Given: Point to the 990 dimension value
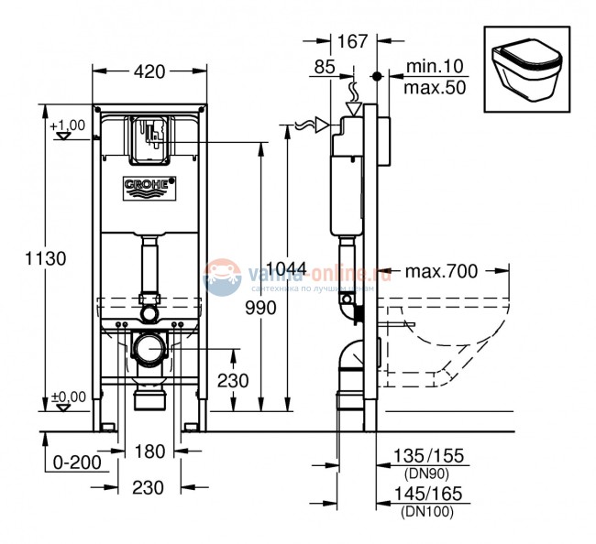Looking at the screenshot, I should [259, 309].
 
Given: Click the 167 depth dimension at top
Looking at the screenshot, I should [353, 41].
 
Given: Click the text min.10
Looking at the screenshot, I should [432, 67].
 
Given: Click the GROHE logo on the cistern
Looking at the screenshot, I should [149, 187].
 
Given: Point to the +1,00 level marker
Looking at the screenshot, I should [67, 125].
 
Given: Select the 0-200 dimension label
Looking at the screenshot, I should [77, 462].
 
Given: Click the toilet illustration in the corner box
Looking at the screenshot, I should [525, 70].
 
